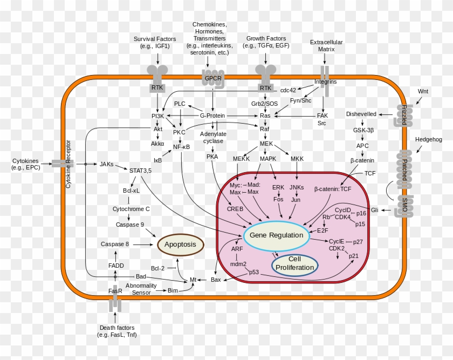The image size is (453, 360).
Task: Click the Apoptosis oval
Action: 180,244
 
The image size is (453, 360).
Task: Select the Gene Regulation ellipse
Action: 276,235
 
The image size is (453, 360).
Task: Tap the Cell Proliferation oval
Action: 294,263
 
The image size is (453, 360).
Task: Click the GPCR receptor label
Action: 212,78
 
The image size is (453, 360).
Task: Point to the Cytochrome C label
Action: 131,208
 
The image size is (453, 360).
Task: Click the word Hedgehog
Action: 428,139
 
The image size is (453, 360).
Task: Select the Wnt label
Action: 423,91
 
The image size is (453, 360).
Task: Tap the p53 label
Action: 254,272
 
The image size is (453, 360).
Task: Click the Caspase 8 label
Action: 114,244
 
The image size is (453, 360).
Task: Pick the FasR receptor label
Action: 115,291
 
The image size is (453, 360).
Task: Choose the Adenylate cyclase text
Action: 213,137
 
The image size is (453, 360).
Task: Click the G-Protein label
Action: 212,116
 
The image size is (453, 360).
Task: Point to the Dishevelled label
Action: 362,114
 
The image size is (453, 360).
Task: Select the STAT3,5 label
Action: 140,171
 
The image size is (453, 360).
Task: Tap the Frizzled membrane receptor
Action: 403,114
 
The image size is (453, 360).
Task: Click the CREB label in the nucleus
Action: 235,208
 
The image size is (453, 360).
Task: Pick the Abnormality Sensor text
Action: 141,289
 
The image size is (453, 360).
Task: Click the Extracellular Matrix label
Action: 326,45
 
